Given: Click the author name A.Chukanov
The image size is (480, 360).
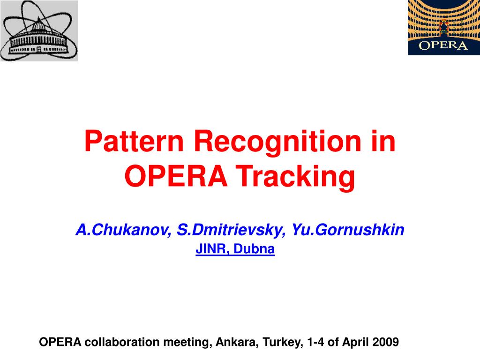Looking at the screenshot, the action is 124,230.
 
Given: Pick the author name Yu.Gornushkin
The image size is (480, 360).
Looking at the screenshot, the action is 348,230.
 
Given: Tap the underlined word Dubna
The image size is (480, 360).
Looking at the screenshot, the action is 254,249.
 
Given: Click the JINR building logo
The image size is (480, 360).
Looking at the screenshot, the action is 39,30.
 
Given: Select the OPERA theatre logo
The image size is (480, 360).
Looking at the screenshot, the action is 444,28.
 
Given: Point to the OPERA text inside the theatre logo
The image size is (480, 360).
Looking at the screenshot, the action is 443,45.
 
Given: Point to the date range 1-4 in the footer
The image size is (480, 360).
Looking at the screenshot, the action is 315,342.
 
